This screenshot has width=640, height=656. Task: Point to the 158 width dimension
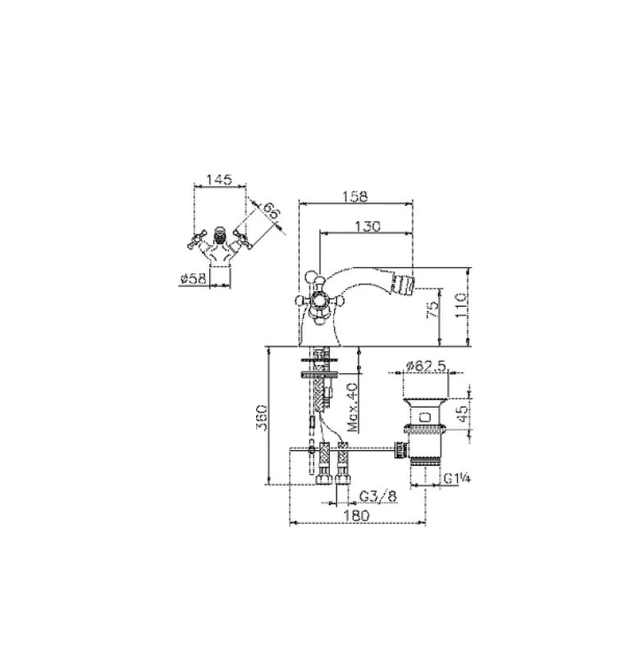354,196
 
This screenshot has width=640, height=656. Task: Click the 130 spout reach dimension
368,227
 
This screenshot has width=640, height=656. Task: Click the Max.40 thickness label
352,407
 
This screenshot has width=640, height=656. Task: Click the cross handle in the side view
314,292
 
